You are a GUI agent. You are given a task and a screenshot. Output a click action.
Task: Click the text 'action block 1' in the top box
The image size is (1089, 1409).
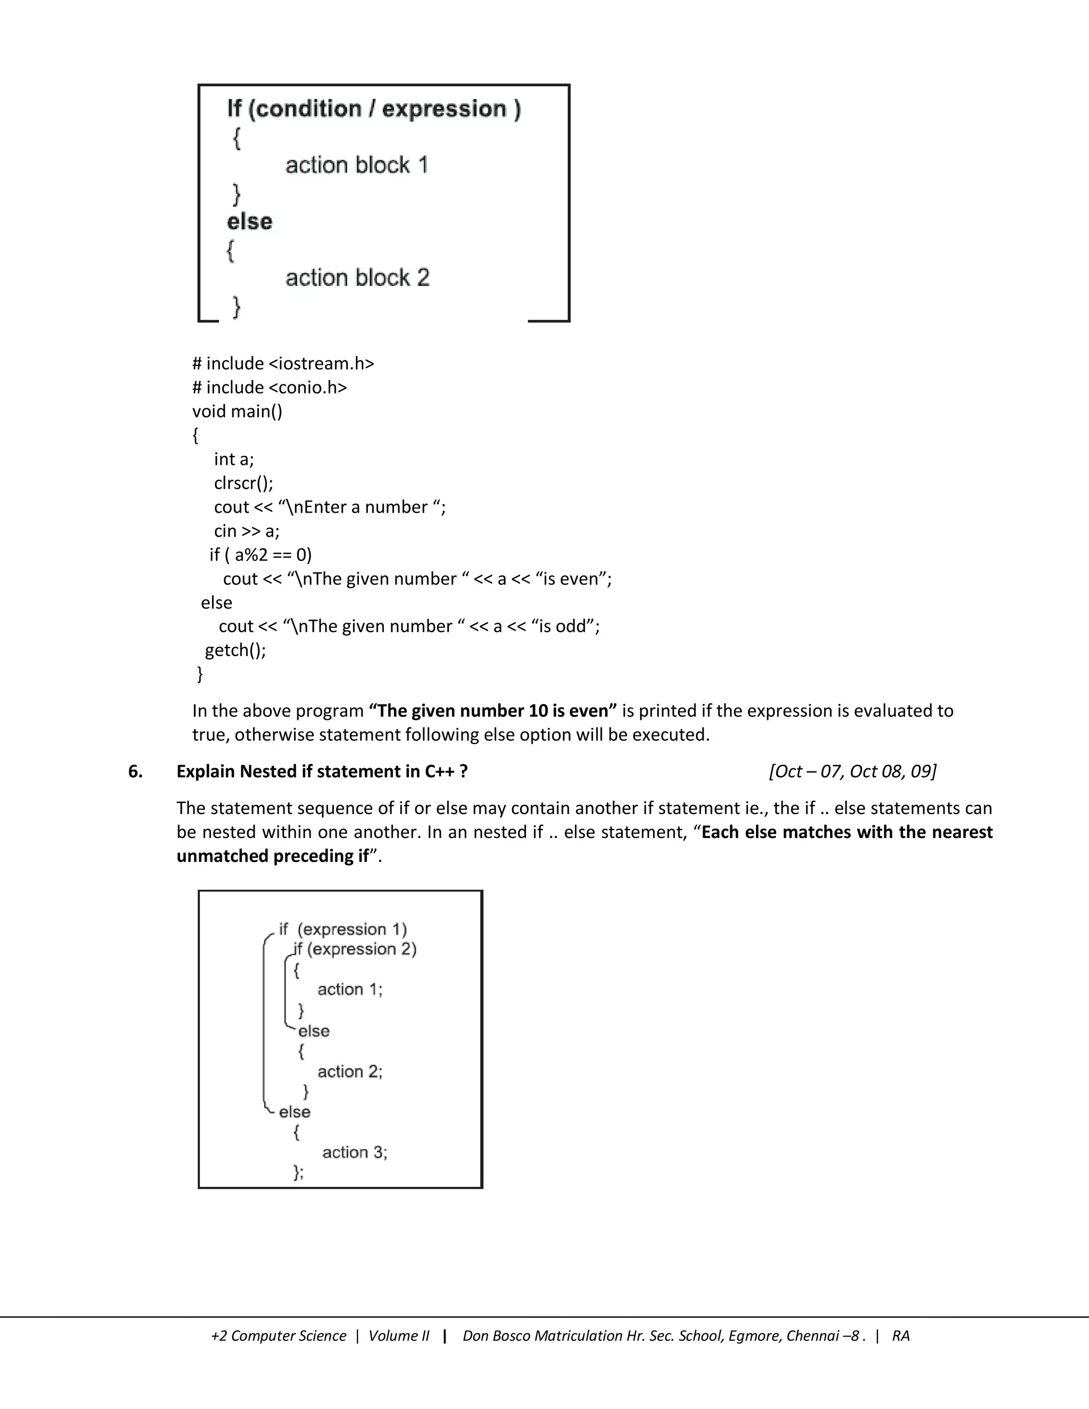(x=357, y=165)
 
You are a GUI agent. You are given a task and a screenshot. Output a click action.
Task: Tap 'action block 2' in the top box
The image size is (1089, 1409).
(x=357, y=278)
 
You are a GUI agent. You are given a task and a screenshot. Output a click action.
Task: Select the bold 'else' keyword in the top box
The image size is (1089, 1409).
(x=250, y=222)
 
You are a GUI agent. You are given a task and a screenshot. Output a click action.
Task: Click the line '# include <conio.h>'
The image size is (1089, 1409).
(x=270, y=388)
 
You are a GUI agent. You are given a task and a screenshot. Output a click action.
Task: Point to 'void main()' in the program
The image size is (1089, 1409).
(x=237, y=412)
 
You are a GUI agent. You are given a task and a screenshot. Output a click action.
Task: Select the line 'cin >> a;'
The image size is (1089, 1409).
(x=246, y=531)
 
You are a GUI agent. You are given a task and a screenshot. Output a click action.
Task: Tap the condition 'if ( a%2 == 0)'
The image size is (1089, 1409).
(x=261, y=555)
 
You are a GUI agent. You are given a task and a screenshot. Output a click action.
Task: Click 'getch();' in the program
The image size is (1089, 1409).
(x=236, y=650)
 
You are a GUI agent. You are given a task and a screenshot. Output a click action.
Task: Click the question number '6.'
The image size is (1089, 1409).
(x=136, y=771)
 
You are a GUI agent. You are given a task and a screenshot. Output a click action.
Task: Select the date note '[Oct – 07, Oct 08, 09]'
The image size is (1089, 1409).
(x=852, y=771)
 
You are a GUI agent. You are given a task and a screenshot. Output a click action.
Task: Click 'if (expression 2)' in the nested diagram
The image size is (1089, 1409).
(x=355, y=949)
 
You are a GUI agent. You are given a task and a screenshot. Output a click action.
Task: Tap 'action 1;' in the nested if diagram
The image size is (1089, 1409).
(x=350, y=989)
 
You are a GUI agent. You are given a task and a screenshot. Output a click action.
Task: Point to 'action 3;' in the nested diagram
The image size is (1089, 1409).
(x=355, y=1152)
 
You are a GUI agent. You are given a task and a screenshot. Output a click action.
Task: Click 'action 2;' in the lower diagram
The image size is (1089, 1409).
(x=350, y=1071)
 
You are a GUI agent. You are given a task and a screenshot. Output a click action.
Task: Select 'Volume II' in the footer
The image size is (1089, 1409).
(x=399, y=1336)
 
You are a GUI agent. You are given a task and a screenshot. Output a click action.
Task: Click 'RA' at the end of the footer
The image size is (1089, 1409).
(x=901, y=1336)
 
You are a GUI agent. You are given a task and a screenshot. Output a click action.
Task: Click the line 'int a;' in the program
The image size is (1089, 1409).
(x=234, y=459)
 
